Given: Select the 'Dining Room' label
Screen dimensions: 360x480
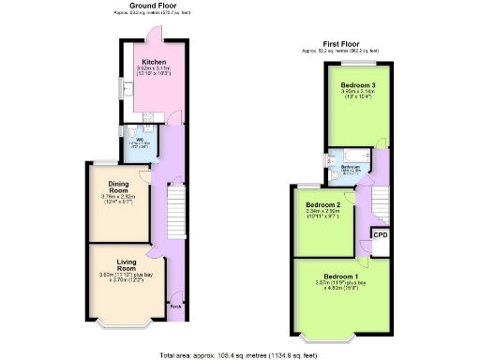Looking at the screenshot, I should click(118, 186).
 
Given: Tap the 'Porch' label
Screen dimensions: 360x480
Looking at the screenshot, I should click(174, 306).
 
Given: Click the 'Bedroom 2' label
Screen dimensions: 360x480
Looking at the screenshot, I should click(322, 204).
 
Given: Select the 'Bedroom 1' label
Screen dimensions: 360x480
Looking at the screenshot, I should click(343, 277).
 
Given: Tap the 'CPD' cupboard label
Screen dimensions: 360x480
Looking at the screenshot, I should click(380, 234).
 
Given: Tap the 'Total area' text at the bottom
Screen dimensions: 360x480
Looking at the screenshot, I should click(240, 354).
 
